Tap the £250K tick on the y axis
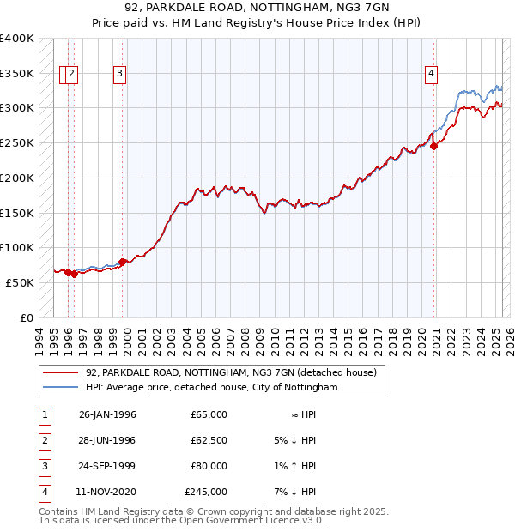point(17,142)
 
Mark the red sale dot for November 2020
point(434,147)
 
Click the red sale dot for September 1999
point(123,262)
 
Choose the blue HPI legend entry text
point(212,388)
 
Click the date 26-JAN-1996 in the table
point(107,414)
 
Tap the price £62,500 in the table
point(207,440)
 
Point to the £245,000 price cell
point(206,492)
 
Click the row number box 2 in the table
point(42,440)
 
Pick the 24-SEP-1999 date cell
point(107,466)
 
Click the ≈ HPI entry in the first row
point(299,414)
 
